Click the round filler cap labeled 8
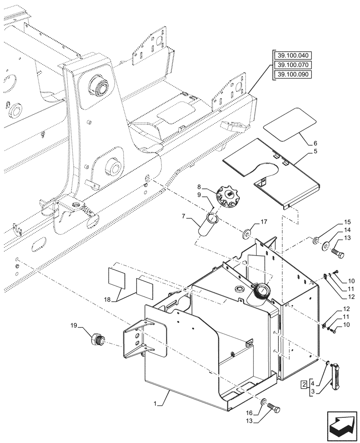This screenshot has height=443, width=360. [228, 196]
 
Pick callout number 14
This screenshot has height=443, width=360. [347, 230]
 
